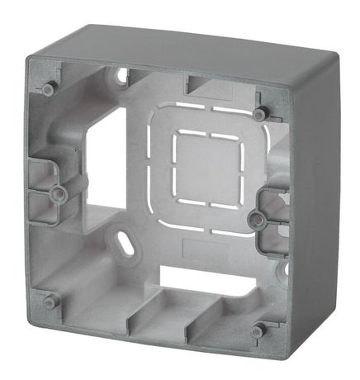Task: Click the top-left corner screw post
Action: (x=49, y=87)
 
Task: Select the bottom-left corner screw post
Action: (x=48, y=298)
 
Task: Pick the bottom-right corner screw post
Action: (x=258, y=330)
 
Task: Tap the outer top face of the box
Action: (x=190, y=45)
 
